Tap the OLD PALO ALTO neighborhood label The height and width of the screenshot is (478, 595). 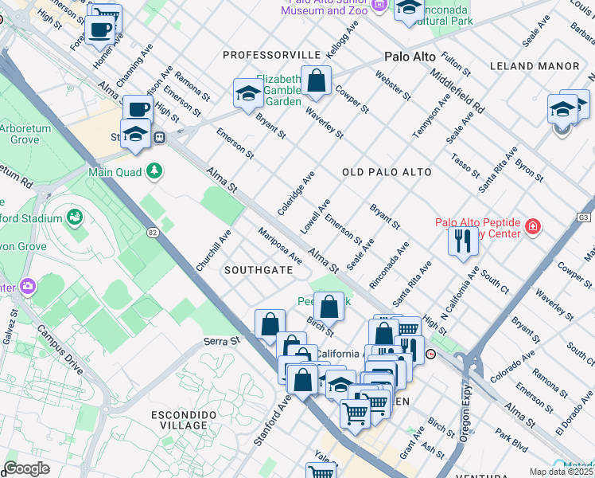[387, 172]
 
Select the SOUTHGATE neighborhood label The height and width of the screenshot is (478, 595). [259, 270]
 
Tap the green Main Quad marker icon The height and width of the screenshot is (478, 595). [154, 170]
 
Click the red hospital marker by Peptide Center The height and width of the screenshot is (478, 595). [532, 229]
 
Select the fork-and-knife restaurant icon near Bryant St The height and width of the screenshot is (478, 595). [463, 240]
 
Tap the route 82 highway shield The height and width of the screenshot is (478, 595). [152, 231]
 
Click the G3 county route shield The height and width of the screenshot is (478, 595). [585, 217]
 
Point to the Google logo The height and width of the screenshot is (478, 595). [26, 468]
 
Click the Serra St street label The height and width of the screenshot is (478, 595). [221, 341]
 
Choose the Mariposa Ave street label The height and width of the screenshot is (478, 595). [279, 246]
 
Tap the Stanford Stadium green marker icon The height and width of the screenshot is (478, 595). [75, 217]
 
